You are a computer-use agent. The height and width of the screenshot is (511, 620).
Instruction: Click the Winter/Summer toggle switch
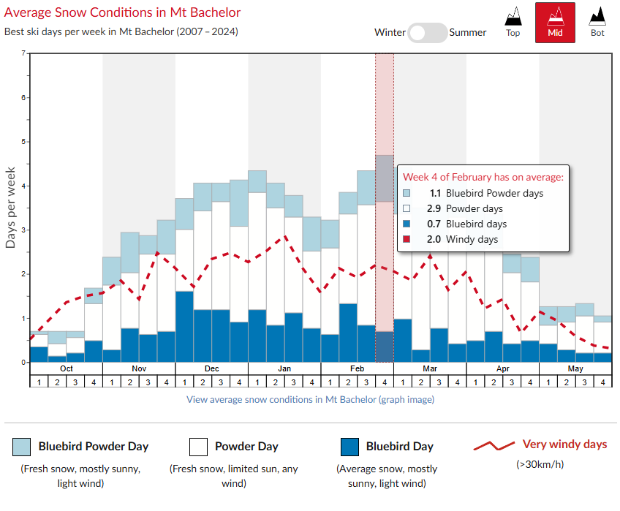(428, 32)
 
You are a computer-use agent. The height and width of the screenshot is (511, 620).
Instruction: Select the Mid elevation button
(555, 22)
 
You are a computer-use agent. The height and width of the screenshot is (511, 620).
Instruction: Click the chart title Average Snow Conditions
(123, 12)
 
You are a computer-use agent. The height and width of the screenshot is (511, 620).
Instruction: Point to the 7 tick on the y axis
(23, 53)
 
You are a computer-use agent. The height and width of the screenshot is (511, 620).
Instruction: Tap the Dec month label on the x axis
(211, 368)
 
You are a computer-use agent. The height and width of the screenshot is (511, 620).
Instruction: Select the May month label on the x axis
(575, 368)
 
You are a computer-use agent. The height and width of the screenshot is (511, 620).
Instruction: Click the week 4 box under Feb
(385, 382)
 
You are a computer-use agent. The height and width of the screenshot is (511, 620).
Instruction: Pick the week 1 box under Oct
(38, 382)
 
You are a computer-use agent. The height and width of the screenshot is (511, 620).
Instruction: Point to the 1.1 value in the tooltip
(436, 194)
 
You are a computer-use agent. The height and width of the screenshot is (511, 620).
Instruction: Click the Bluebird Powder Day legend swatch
(22, 446)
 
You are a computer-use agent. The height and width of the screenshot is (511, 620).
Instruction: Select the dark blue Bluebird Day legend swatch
(349, 446)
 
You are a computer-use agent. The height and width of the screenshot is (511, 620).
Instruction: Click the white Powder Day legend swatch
(198, 446)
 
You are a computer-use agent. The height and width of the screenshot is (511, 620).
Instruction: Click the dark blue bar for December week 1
(184, 327)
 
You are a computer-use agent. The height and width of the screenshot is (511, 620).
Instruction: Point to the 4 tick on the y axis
(23, 186)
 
